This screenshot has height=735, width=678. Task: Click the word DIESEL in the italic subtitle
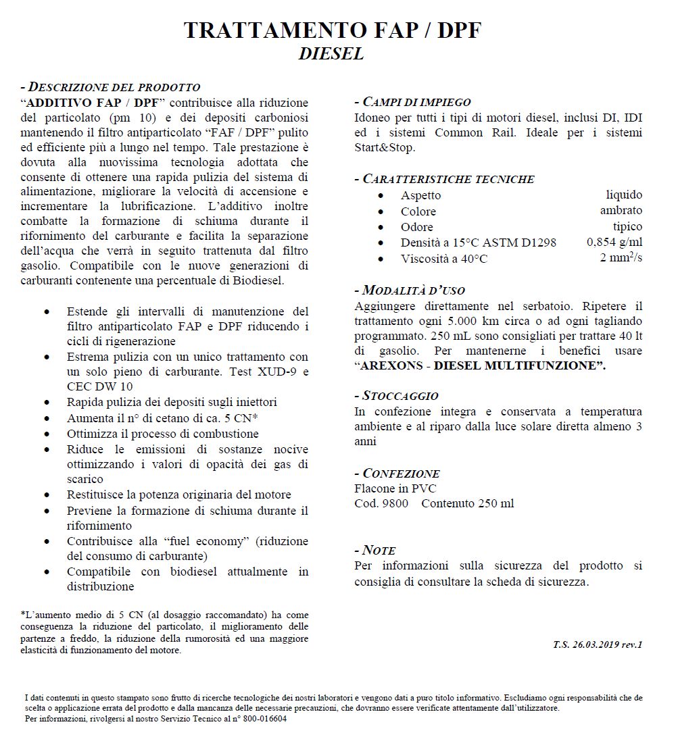pyautogui.click(x=331, y=54)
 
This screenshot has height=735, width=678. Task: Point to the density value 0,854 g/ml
pyautogui.click(x=614, y=243)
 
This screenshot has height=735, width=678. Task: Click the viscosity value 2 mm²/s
pyautogui.click(x=621, y=258)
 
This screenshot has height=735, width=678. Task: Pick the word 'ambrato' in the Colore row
pyautogui.click(x=621, y=211)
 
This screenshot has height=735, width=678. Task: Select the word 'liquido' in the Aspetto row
pyautogui.click(x=623, y=195)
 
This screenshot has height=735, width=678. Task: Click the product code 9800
pyautogui.click(x=395, y=503)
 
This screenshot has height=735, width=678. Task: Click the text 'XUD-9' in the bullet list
pyautogui.click(x=276, y=372)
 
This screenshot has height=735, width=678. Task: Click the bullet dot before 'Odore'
pyautogui.click(x=383, y=227)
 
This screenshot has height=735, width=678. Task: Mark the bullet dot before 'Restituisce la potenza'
pyautogui.click(x=46, y=495)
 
